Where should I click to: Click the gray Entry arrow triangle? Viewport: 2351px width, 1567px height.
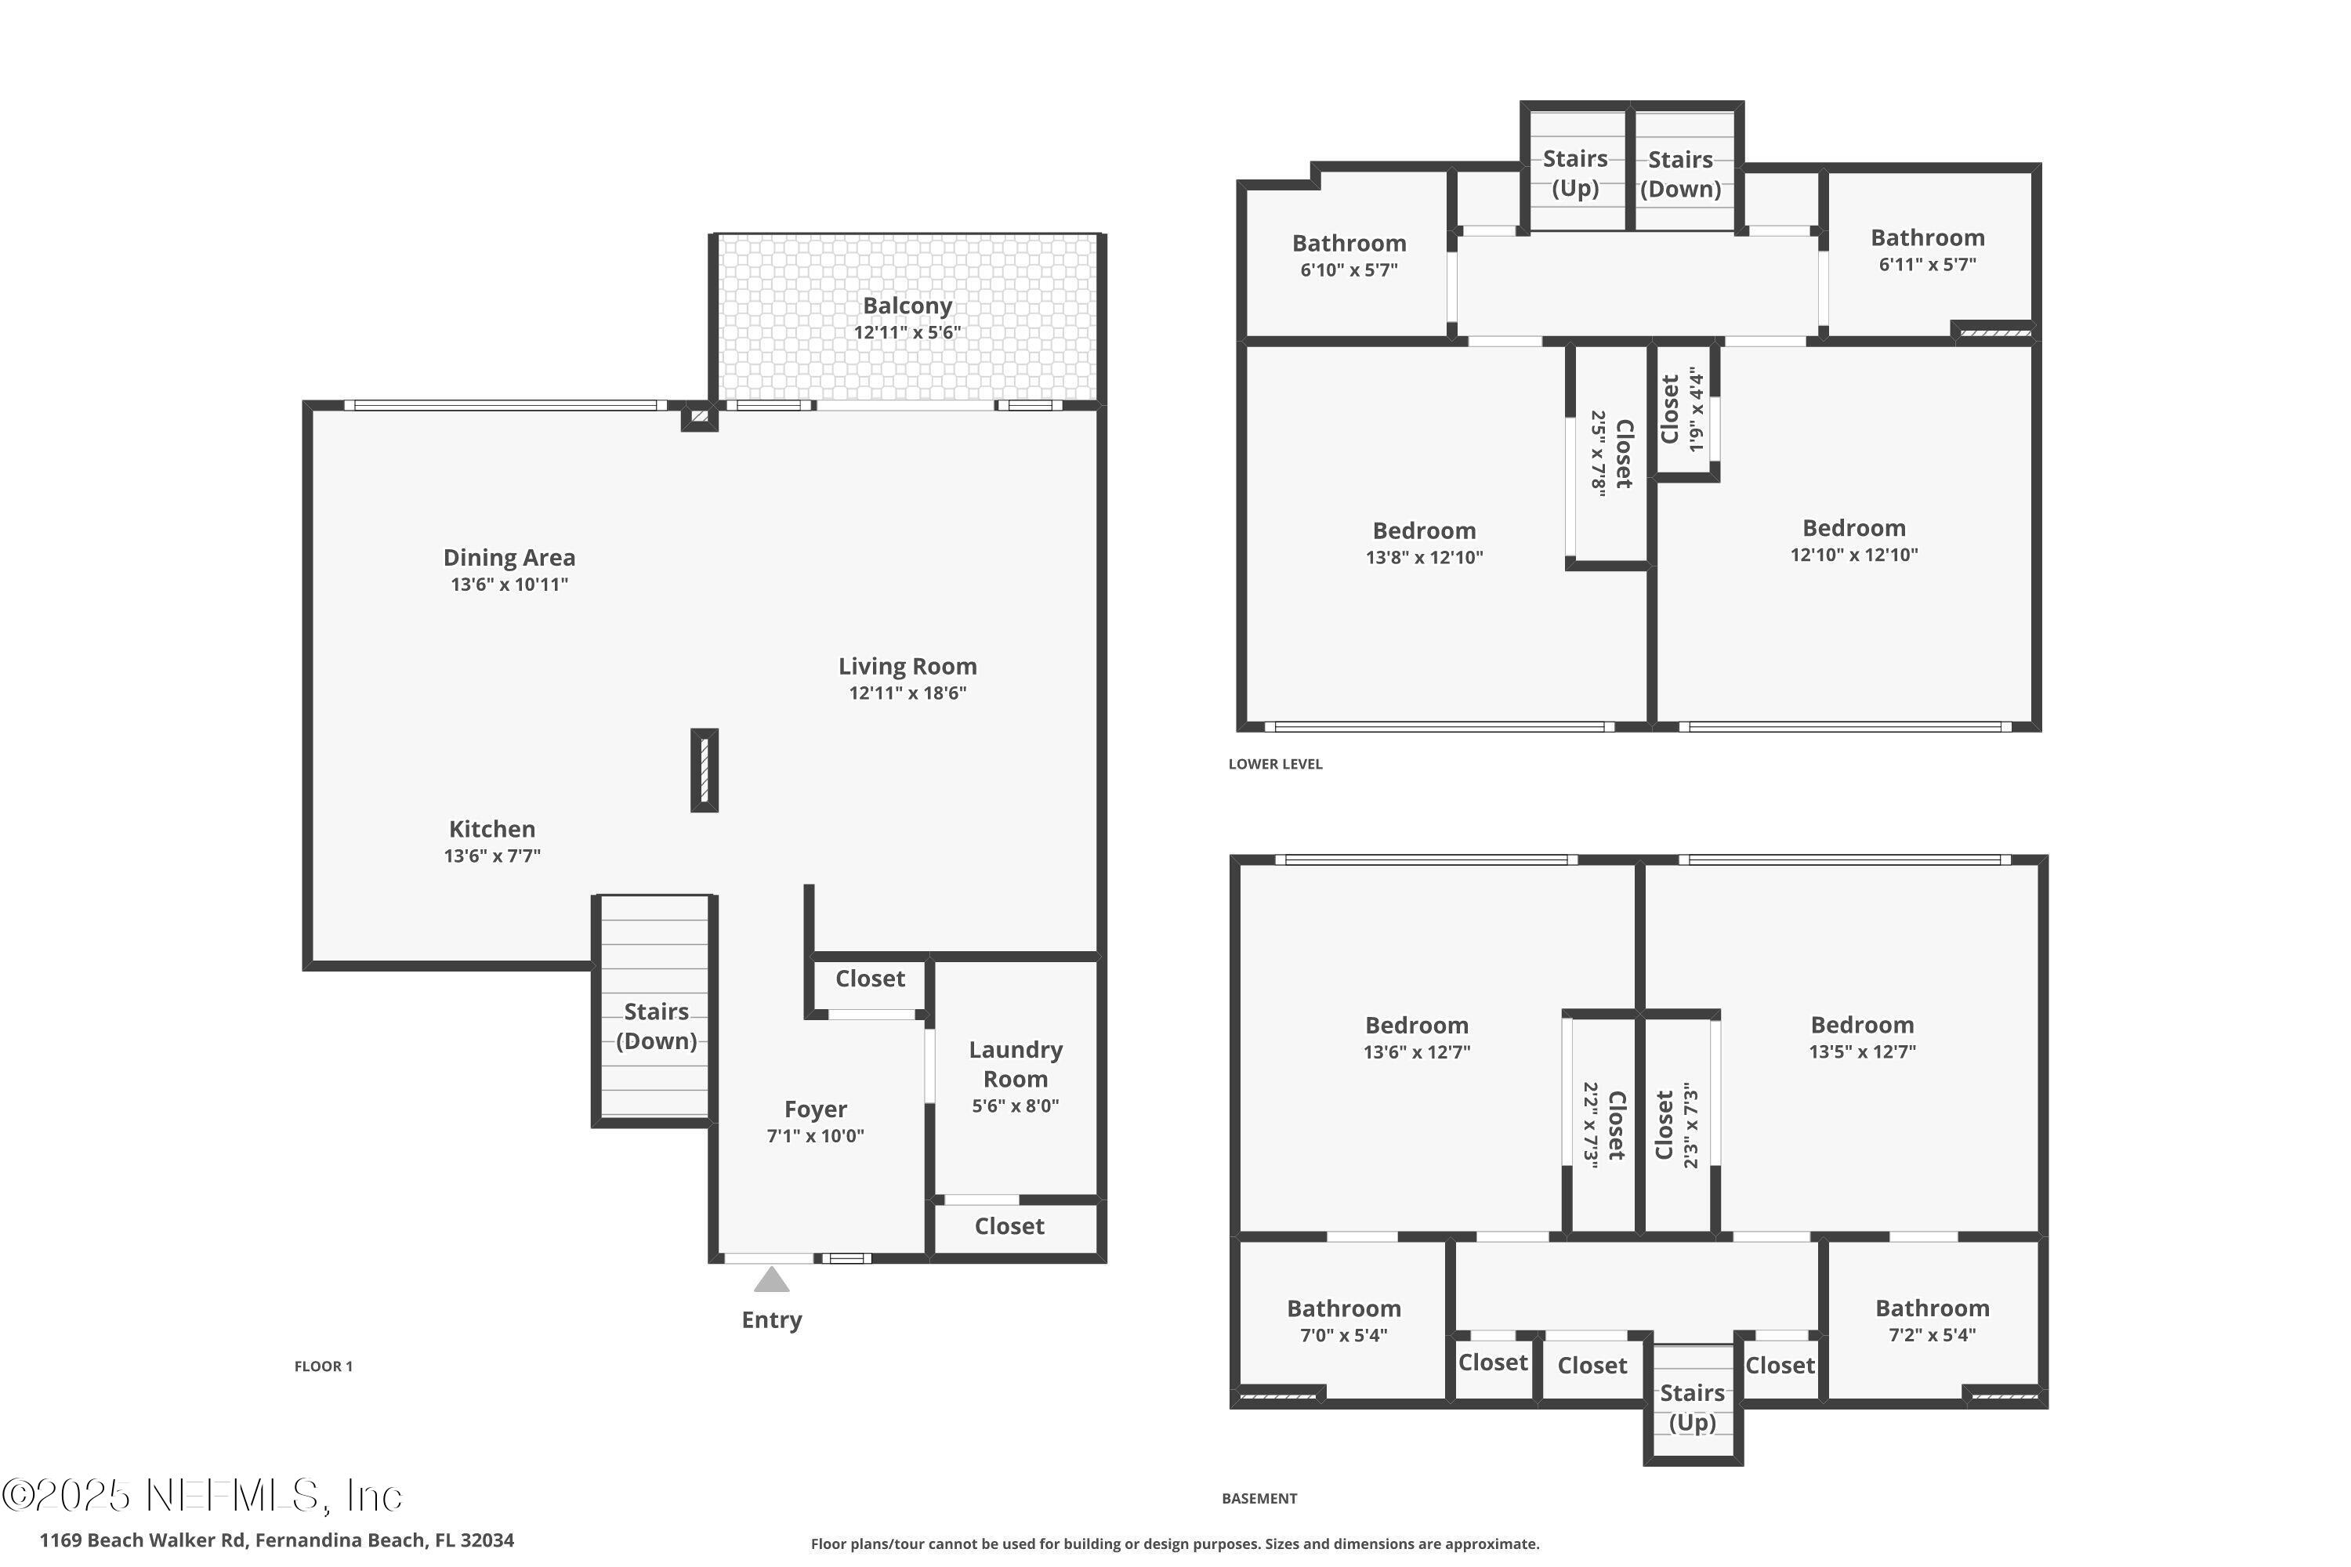tap(770, 1280)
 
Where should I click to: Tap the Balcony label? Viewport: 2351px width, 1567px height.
tap(907, 306)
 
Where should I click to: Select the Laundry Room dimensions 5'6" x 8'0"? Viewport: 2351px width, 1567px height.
tap(1015, 1106)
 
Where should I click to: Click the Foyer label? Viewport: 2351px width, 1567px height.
tap(815, 1109)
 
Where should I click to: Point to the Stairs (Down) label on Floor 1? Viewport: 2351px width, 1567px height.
tap(656, 1026)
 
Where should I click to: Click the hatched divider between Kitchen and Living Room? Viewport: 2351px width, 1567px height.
tap(704, 769)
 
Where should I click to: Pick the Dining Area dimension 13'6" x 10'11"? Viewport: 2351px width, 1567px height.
tap(509, 584)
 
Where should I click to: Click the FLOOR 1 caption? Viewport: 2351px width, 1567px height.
tap(323, 1366)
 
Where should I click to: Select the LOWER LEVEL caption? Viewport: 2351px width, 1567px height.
tap(1274, 763)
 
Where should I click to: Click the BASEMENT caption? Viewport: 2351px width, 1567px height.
tap(1259, 1498)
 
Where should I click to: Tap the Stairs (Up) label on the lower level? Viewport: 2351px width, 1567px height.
tap(1574, 173)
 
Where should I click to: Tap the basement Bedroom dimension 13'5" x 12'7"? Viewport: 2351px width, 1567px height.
tap(1861, 1051)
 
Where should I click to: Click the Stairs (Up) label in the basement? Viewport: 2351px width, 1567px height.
tap(1691, 1407)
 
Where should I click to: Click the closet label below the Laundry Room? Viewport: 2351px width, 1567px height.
tap(1009, 1226)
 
